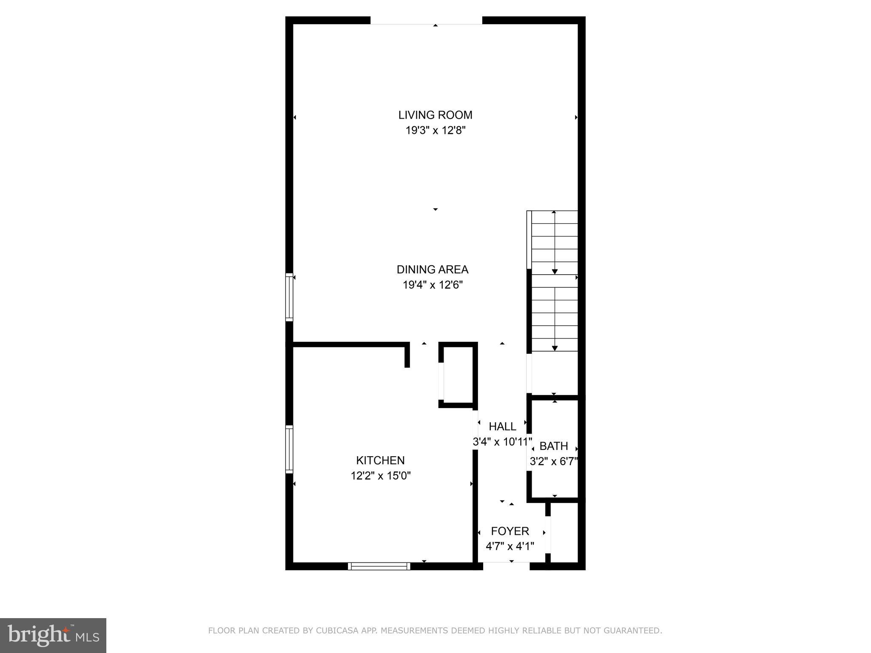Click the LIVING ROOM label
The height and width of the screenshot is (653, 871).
(435, 115)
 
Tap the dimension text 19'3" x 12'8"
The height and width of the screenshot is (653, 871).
(435, 131)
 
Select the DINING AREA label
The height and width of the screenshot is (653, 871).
(433, 270)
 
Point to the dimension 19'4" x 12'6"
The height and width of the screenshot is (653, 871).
(433, 285)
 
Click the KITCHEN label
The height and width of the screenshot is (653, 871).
(380, 460)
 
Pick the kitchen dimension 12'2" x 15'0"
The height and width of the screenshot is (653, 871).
(380, 476)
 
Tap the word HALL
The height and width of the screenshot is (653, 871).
(502, 426)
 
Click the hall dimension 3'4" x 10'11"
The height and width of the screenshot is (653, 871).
(502, 442)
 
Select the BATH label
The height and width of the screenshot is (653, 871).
(554, 446)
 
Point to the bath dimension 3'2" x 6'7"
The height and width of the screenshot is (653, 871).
(554, 461)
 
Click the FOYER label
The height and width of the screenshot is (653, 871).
(510, 531)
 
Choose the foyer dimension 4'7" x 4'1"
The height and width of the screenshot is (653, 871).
(510, 546)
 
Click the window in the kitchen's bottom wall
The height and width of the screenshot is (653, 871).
(379, 566)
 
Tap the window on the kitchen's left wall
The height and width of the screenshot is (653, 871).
(289, 449)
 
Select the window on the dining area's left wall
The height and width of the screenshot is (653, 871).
(289, 297)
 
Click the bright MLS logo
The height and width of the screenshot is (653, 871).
(53, 635)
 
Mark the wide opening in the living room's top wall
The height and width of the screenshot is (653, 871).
(426, 21)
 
